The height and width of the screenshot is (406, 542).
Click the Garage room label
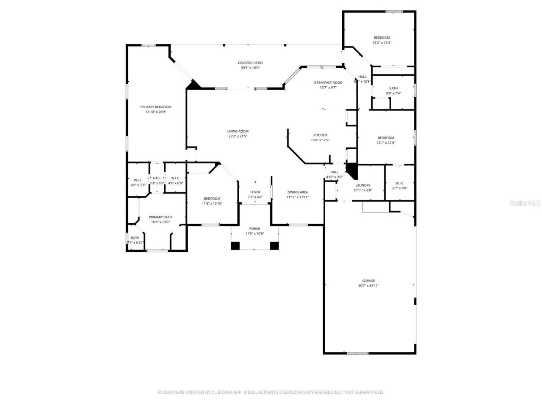pyautogui.click(x=368, y=281)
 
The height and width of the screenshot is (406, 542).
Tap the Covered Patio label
pyautogui.click(x=250, y=63)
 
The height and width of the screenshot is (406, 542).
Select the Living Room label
pyautogui.click(x=238, y=132)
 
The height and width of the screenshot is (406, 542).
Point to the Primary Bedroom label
pyautogui.click(x=156, y=107)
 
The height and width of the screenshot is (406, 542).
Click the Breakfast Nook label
pyautogui.click(x=328, y=82)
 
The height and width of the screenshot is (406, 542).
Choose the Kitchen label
pyautogui.click(x=320, y=135)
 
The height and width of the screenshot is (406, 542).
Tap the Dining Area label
pyautogui.click(x=297, y=192)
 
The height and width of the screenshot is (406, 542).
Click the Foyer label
pyautogui.click(x=255, y=192)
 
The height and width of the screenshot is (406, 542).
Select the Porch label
pyautogui.click(x=254, y=229)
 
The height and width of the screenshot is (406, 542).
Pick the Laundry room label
pyautogui.click(x=363, y=185)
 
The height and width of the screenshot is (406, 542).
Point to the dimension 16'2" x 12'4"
pyautogui.click(x=382, y=43)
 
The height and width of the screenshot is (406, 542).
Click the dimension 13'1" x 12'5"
pyautogui.click(x=386, y=143)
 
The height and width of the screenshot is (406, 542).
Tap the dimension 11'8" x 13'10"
pyautogui.click(x=212, y=204)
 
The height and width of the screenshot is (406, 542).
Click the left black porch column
pyautogui.click(x=235, y=246)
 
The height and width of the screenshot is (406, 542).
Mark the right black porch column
pyautogui.click(x=274, y=246)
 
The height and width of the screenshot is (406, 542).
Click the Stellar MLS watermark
pyautogui.click(x=525, y=203)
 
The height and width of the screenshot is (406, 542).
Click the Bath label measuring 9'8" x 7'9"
pyautogui.click(x=393, y=88)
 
